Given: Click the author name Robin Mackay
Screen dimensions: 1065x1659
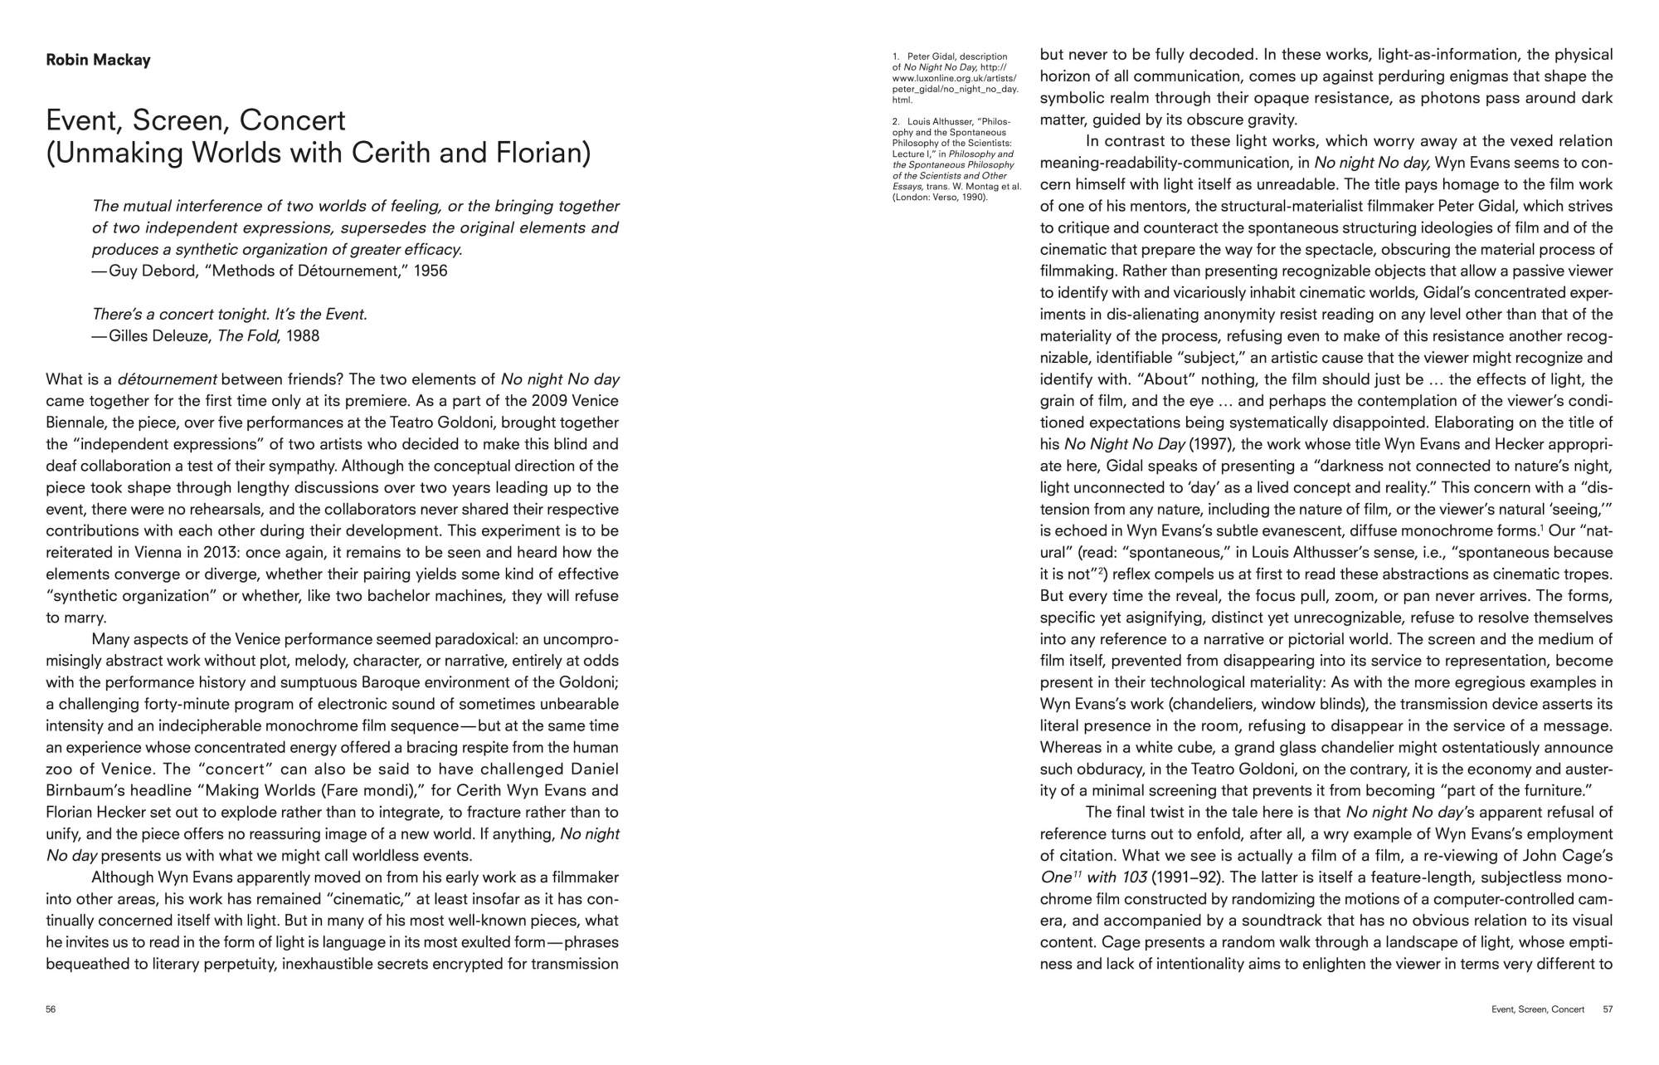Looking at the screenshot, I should [98, 61].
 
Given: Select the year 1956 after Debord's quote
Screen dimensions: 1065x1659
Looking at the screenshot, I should [431, 271].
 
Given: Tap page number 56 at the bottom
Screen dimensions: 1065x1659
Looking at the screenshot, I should [51, 1009].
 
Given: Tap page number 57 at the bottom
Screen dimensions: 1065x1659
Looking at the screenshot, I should [1608, 1009].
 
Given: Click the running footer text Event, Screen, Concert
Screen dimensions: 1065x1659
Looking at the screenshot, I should [1537, 1009].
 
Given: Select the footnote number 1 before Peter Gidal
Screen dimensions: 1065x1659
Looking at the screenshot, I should [896, 57].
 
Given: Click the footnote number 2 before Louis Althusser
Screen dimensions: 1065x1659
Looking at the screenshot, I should [896, 122].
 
